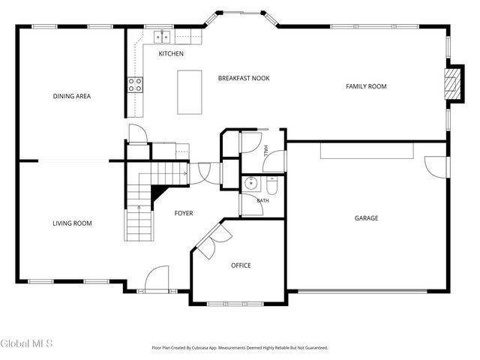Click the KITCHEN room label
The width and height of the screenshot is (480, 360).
[x=171, y=53]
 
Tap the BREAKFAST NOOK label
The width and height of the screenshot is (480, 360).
[x=244, y=78]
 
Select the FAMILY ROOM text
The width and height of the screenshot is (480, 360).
[x=366, y=86]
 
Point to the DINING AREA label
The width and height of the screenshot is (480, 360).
[x=72, y=96]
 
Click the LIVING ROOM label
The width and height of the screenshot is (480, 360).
[x=72, y=223]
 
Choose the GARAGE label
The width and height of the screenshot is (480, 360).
[x=367, y=218]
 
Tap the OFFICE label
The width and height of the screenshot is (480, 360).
[x=241, y=265]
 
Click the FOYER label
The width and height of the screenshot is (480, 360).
[x=184, y=213]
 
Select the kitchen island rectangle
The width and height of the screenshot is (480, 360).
[x=190, y=92]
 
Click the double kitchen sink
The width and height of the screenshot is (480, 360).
[x=162, y=37]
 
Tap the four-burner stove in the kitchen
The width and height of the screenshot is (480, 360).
[x=135, y=85]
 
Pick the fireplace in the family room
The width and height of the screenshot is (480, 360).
[x=452, y=83]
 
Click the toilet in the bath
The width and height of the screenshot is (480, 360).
[x=271, y=185]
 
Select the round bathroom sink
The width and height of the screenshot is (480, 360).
[x=251, y=183]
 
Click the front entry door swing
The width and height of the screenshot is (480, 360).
[x=157, y=277]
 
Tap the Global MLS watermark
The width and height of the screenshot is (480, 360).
[x=27, y=343]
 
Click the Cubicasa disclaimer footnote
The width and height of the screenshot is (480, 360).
[x=240, y=348]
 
